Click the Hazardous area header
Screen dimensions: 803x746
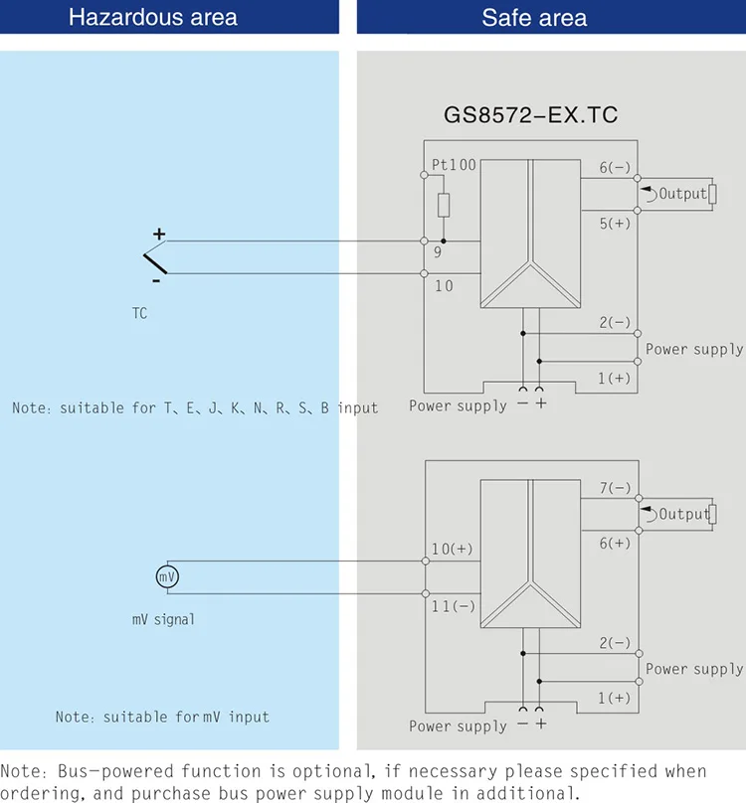(153, 18)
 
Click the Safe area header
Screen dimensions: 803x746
(534, 18)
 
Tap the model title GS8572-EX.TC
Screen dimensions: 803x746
(530, 115)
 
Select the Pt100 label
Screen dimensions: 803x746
(453, 165)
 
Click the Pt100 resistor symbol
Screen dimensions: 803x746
(444, 205)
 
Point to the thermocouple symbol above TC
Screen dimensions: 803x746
(156, 260)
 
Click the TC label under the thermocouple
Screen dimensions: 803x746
(139, 313)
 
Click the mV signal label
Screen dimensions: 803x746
(164, 619)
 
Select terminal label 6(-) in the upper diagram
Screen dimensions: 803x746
(615, 168)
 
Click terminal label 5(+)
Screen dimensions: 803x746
(615, 224)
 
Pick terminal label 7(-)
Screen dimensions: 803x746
(615, 488)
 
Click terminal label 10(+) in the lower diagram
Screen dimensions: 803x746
(453, 549)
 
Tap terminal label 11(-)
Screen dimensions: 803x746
(453, 605)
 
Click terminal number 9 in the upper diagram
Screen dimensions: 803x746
(438, 252)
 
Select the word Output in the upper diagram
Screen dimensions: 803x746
(682, 194)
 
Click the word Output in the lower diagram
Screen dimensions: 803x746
(682, 514)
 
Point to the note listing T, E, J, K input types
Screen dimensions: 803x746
(195, 407)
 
